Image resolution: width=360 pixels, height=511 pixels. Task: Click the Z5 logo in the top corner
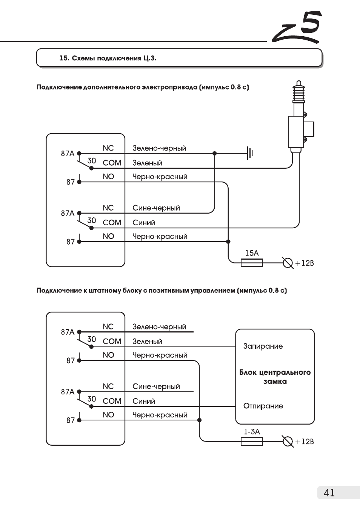(297, 28)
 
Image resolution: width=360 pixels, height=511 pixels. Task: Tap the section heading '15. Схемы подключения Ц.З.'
(108, 58)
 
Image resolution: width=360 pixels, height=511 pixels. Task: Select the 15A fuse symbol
(252, 263)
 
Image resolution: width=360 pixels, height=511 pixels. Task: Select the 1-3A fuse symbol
(252, 441)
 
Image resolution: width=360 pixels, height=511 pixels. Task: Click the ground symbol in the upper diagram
(250, 153)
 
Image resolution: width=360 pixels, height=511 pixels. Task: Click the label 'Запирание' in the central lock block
(263, 346)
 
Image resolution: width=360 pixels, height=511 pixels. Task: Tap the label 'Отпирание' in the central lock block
(263, 406)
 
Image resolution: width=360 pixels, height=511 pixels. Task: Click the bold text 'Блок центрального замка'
(275, 377)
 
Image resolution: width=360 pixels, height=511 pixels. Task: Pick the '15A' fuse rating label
(252, 253)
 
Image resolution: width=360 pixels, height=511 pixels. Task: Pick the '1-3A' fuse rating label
(252, 432)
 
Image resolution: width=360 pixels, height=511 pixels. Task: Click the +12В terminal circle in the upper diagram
(288, 263)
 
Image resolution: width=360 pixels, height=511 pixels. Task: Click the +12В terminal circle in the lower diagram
(288, 441)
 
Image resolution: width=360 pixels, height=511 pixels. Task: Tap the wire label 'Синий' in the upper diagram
(144, 223)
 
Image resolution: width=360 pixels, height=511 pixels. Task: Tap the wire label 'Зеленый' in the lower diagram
(148, 342)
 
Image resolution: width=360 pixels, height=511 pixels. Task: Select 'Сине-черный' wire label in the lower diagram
(156, 386)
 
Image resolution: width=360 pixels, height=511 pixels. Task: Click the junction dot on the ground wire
(214, 153)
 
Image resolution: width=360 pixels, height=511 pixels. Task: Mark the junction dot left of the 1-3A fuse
(199, 420)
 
